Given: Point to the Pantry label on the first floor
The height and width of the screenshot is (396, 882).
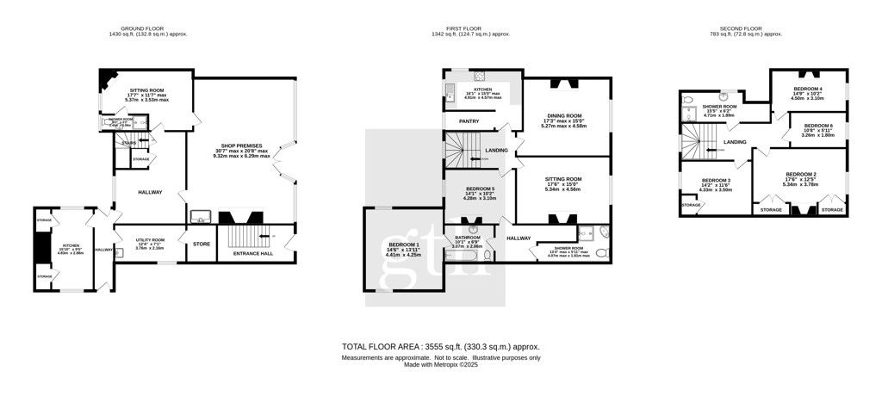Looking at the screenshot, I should coord(469,121).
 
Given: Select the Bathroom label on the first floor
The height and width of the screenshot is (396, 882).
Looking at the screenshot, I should coord(468,236).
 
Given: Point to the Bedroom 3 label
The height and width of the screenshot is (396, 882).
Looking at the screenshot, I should coord(715,179).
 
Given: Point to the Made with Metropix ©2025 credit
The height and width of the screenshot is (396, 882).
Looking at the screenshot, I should coord(441,364).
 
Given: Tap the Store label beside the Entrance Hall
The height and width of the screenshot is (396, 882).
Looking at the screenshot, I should coord(201,244).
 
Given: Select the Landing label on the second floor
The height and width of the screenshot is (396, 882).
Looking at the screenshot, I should coord(735,142).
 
